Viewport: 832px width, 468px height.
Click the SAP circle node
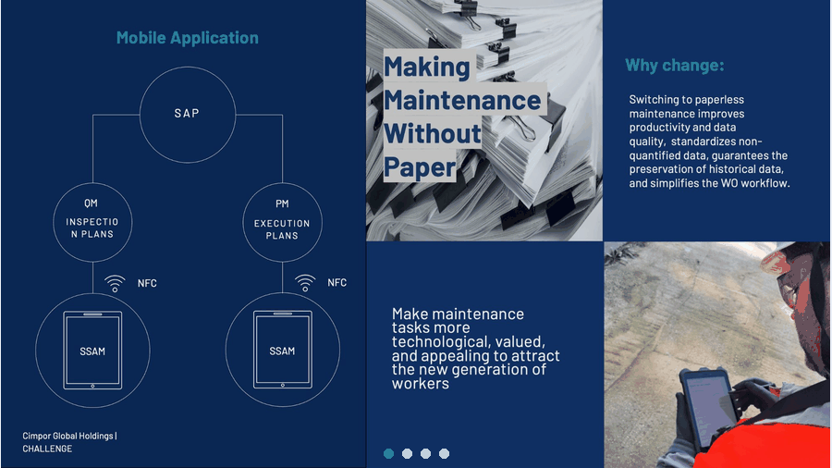point(188,68)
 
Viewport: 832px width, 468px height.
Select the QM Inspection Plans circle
point(92,183)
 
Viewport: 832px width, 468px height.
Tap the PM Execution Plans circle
point(282,183)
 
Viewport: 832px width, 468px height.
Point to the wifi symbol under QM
point(115,283)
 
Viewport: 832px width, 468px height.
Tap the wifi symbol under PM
point(305,283)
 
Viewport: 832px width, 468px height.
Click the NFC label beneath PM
point(336,283)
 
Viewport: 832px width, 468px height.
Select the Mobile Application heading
point(188,38)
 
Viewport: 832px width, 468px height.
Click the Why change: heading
point(675,66)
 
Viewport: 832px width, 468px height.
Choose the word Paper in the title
point(420,167)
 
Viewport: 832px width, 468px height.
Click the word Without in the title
point(432,134)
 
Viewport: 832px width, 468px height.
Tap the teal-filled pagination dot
point(389,454)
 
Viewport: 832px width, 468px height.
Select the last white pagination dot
point(444,454)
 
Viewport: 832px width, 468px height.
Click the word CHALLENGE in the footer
point(47,449)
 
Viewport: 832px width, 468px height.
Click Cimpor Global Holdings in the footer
point(67,437)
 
